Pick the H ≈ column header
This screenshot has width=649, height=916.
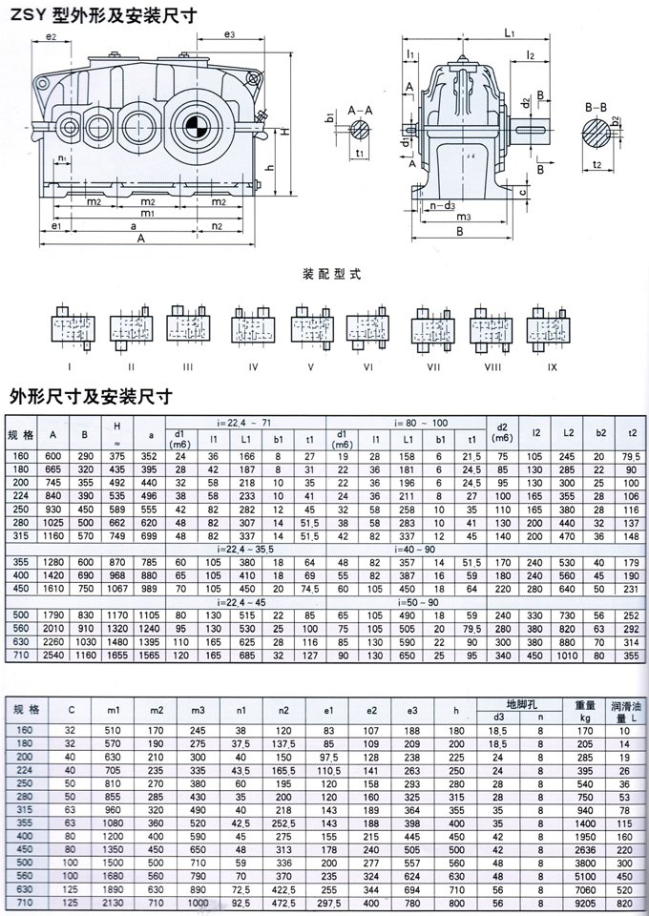tap(116, 431)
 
